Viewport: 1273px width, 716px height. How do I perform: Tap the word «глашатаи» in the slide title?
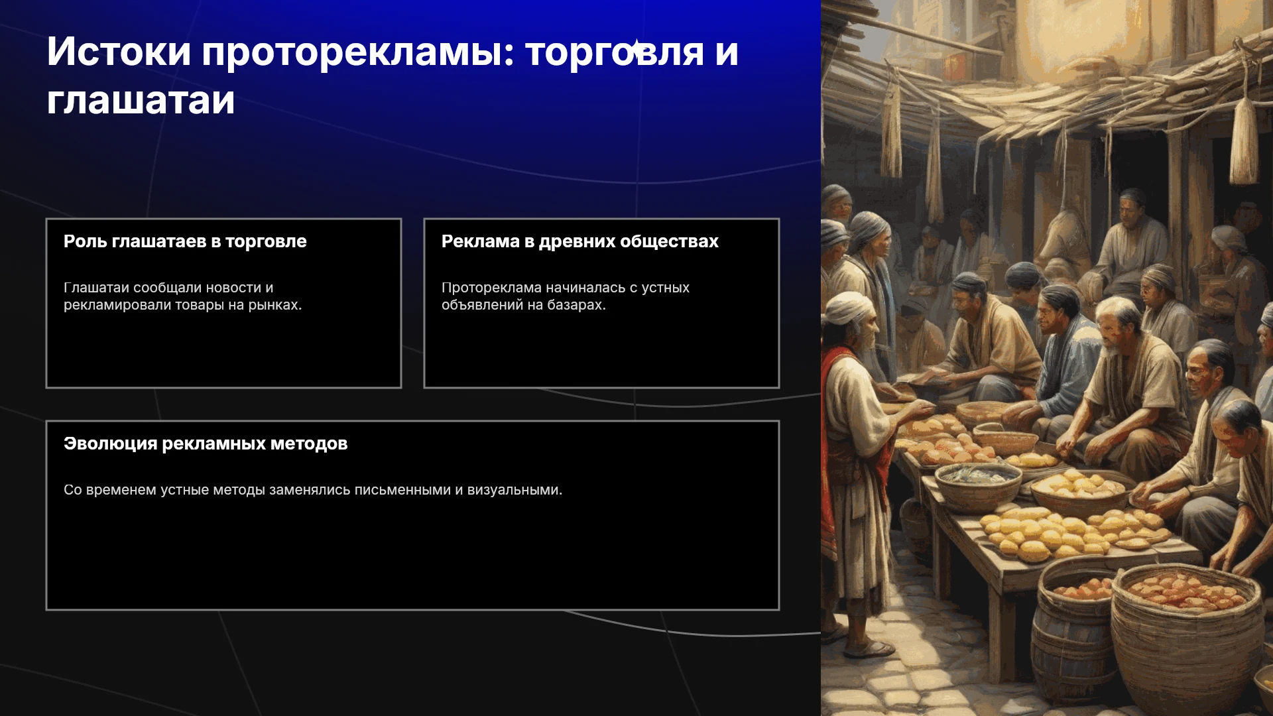[x=141, y=101]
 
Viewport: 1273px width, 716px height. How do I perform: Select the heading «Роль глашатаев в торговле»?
[x=185, y=241]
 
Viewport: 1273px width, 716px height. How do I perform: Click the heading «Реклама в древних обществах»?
[x=580, y=241]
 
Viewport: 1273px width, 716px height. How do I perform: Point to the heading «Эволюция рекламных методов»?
[x=206, y=444]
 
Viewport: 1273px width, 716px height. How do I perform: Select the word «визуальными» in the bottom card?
[x=515, y=490]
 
